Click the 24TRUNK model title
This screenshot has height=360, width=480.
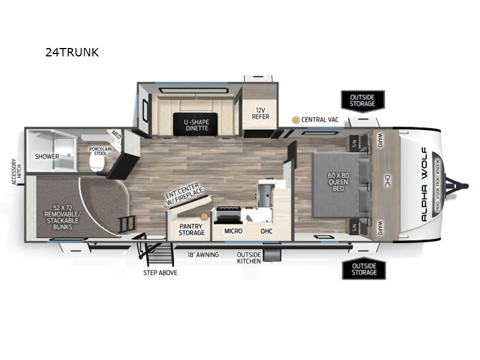tap(71, 52)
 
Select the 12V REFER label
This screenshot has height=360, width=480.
tap(260, 113)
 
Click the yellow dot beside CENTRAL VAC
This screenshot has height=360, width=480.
tap(295, 119)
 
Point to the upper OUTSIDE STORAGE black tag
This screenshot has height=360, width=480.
tap(363, 100)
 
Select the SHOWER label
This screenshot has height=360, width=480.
tap(47, 157)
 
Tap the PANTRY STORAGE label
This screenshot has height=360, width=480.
tap(192, 229)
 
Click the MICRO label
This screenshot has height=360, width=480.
tap(233, 230)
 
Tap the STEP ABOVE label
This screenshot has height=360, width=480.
tap(160, 272)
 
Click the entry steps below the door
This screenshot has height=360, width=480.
tap(155, 254)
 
